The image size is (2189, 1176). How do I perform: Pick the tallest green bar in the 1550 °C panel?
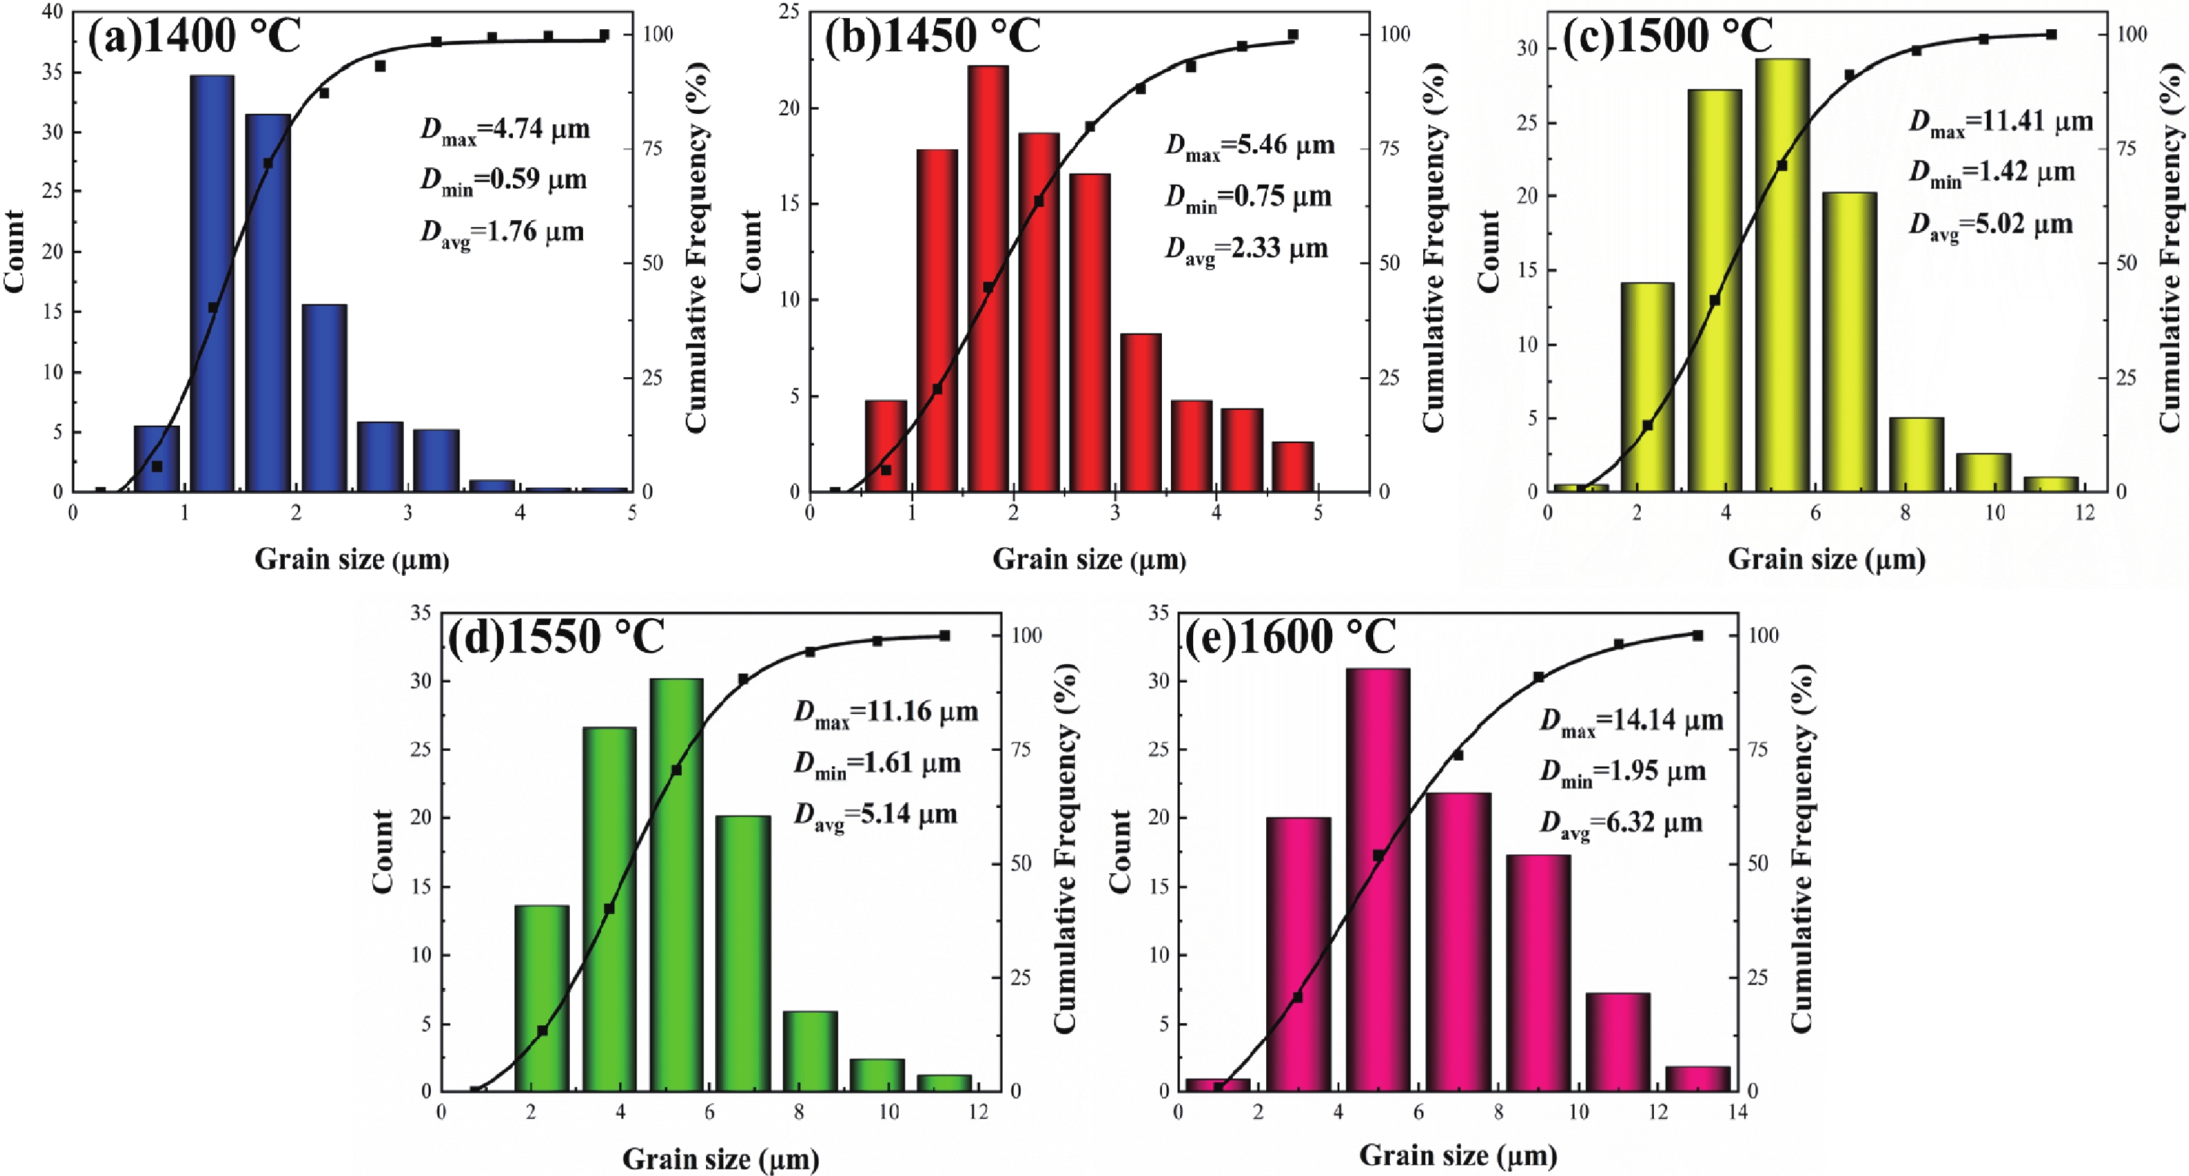click(x=676, y=884)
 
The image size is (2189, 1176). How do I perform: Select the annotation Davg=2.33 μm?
click(x=1246, y=249)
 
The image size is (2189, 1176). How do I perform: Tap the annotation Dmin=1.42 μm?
click(x=1992, y=174)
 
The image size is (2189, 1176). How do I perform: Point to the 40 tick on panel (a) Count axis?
click(x=52, y=12)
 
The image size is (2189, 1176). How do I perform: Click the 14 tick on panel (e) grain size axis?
click(x=1737, y=1112)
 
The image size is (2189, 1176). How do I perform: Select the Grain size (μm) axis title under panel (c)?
click(x=1826, y=559)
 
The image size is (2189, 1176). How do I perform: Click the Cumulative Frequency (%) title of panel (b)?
click(x=1434, y=247)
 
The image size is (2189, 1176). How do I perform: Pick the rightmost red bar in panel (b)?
click(x=1293, y=467)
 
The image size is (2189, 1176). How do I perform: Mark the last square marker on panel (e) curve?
click(x=1697, y=636)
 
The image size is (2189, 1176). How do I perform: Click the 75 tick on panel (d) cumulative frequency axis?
click(x=1019, y=750)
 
